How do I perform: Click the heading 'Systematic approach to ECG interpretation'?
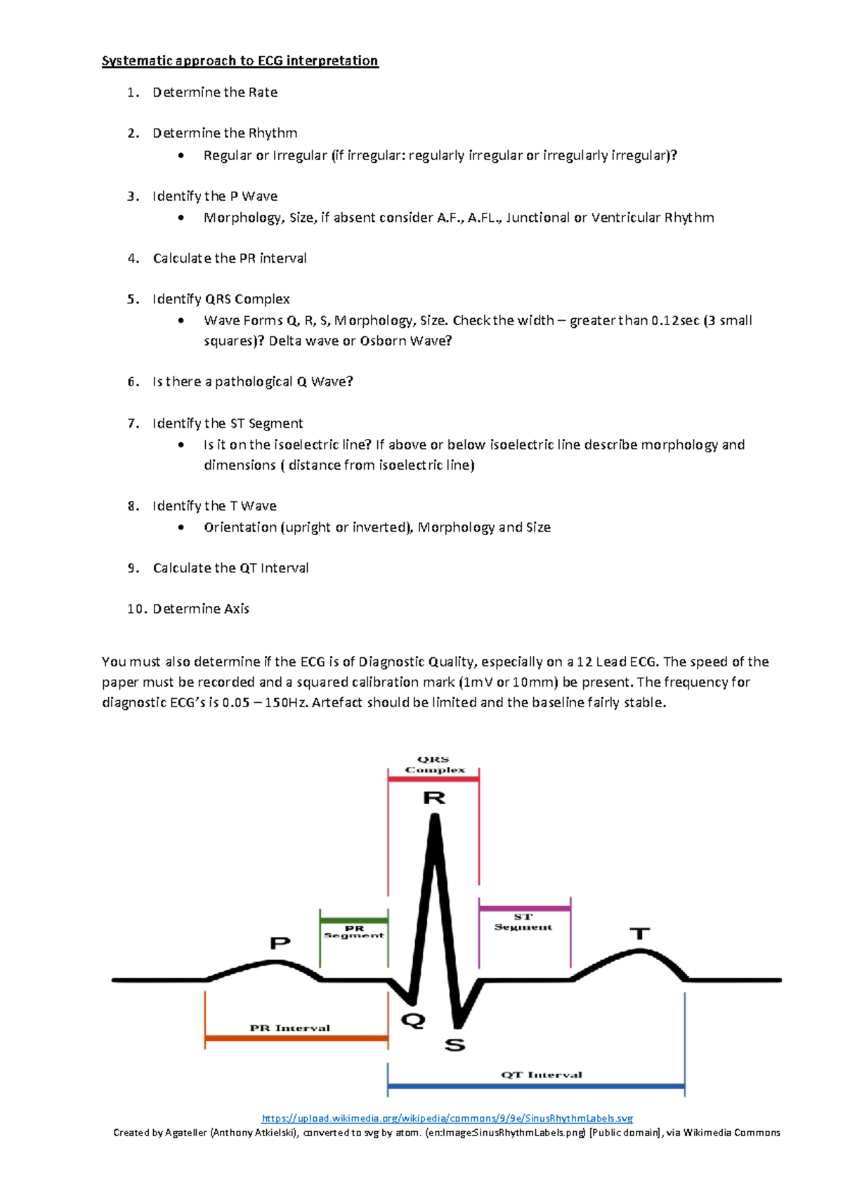coord(240,61)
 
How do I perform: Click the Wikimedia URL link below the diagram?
coord(447,1118)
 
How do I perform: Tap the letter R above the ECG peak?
coord(434,798)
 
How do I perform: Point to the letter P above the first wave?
coord(280,942)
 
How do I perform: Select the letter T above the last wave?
coord(639,933)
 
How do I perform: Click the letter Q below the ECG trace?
coord(413,1020)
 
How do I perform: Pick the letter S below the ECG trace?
coord(455,1045)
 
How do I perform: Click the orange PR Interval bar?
coord(296,1038)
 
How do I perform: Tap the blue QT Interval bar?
coord(536,1086)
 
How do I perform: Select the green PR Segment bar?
coord(354,920)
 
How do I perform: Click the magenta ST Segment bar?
coord(524,909)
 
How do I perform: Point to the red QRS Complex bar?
coord(433,779)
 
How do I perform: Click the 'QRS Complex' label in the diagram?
coord(435,765)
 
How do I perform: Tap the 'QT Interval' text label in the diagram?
coord(542,1074)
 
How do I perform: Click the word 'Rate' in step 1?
coord(263,93)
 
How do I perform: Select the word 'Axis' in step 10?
coord(236,609)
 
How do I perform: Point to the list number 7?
coord(133,423)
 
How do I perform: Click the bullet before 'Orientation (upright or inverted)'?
coord(181,527)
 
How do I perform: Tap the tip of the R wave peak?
coord(436,817)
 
